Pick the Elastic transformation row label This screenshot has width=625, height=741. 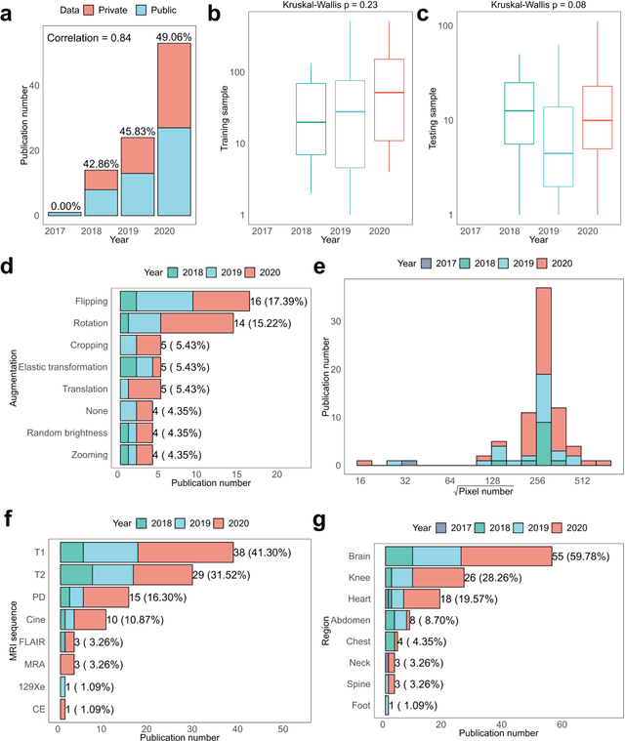click(63, 366)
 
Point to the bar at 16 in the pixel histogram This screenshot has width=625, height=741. click(364, 462)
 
